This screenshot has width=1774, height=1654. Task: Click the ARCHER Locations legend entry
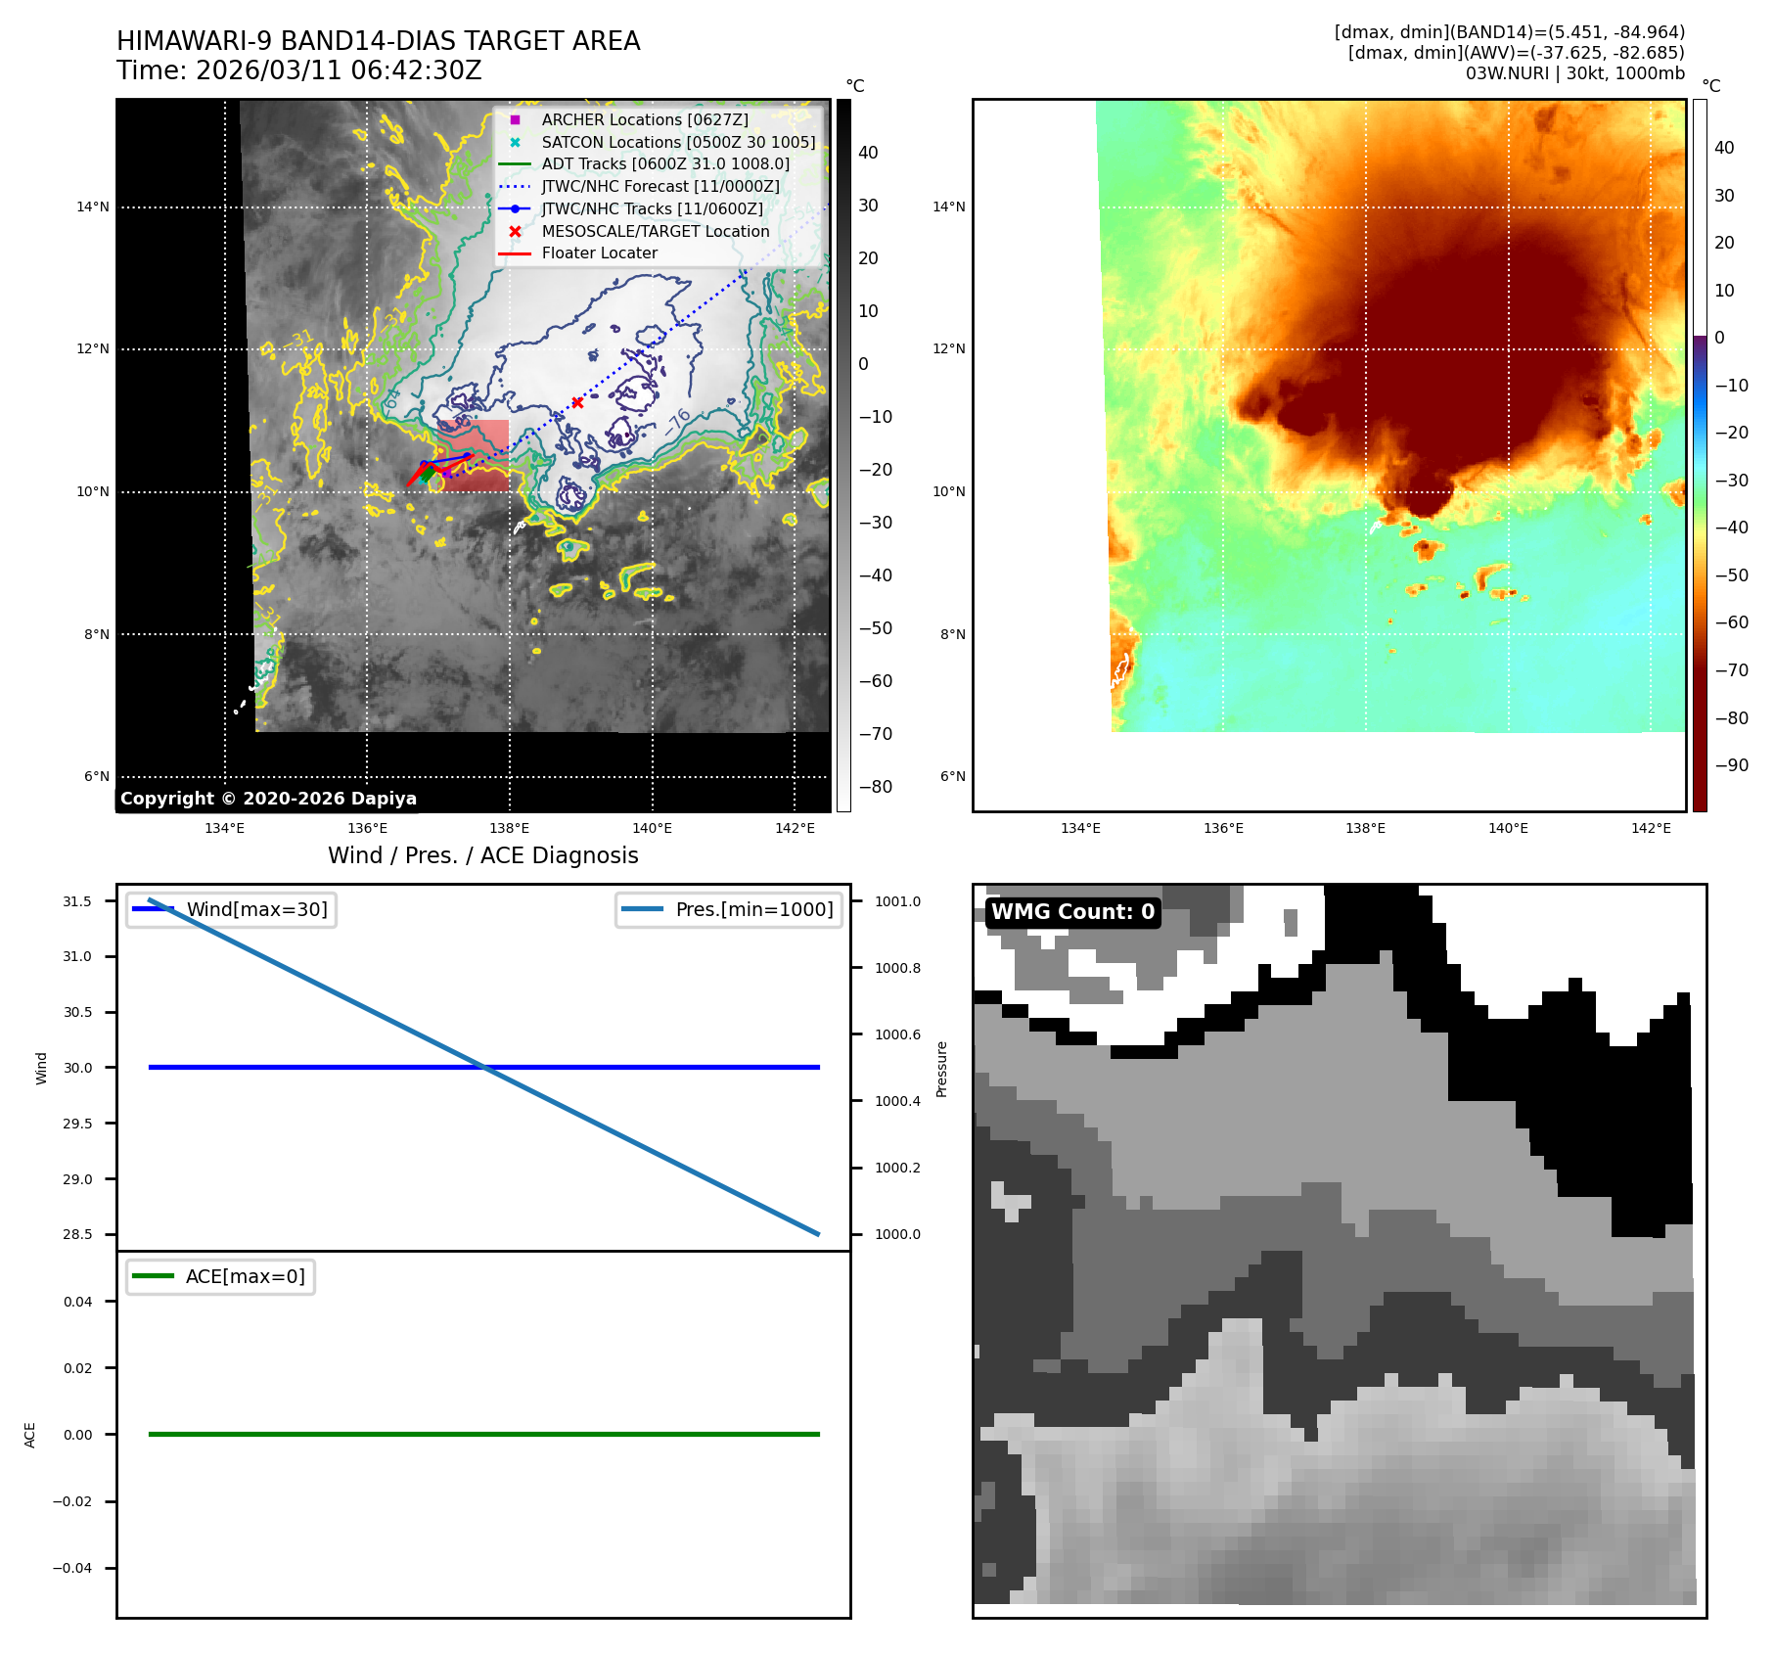[x=644, y=119]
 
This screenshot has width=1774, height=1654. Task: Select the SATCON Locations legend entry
[x=677, y=142]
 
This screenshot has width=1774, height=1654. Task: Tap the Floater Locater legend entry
[x=599, y=253]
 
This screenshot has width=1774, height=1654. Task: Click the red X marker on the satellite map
[x=577, y=402]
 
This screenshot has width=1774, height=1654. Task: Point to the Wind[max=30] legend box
[x=232, y=909]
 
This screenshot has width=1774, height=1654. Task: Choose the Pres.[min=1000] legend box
[x=729, y=909]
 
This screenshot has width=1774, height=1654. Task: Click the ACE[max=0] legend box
[x=221, y=1276]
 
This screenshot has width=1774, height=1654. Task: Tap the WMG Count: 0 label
[x=1072, y=912]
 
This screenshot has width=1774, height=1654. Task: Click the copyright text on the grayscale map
[x=268, y=799]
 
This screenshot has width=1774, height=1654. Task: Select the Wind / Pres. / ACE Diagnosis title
[x=482, y=855]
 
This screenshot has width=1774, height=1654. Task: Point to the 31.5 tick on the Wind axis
[x=77, y=901]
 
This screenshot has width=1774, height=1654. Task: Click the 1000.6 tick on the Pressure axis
[x=897, y=1034]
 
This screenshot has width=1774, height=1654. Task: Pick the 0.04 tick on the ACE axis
[x=77, y=1302]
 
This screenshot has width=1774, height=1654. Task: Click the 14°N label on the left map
[x=93, y=207]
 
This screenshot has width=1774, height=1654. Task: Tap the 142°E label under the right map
[x=1651, y=828]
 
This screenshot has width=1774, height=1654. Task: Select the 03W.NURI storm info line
[x=1574, y=73]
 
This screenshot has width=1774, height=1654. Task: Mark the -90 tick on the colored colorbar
[x=1731, y=765]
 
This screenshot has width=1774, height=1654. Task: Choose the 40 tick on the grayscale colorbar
[x=868, y=153]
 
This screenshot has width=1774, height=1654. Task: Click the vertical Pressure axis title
[x=941, y=1069]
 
